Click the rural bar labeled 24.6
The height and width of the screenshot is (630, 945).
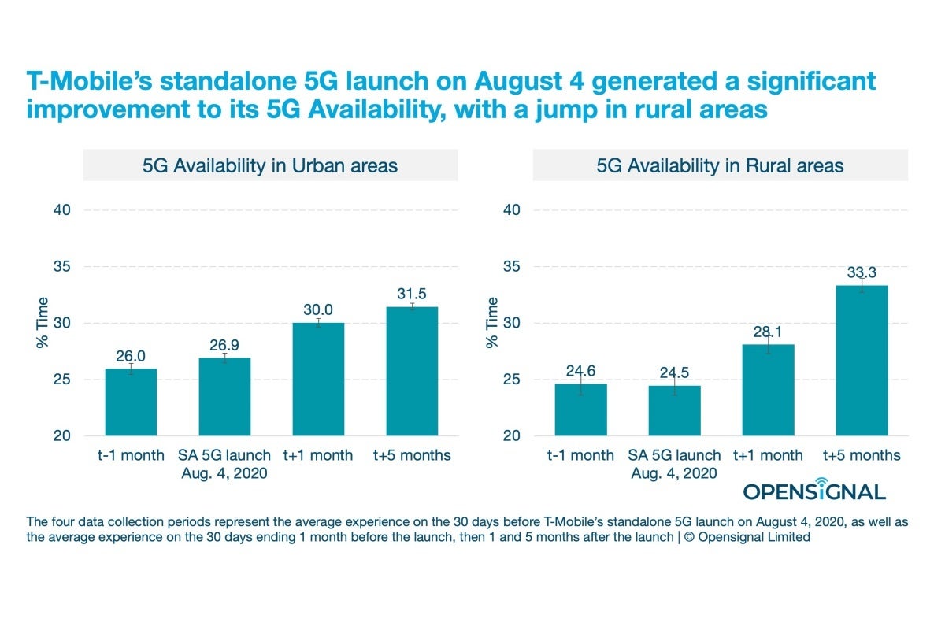[580, 409]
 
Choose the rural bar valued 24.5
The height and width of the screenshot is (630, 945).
[674, 410]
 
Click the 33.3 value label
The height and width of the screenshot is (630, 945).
[862, 272]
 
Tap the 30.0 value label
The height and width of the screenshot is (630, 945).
[318, 309]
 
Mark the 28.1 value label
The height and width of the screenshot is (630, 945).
[768, 331]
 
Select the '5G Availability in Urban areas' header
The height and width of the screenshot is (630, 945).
[270, 165]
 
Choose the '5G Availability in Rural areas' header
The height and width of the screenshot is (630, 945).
[720, 165]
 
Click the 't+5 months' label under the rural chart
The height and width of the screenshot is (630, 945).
[862, 455]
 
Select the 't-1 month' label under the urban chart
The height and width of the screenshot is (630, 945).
[131, 455]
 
